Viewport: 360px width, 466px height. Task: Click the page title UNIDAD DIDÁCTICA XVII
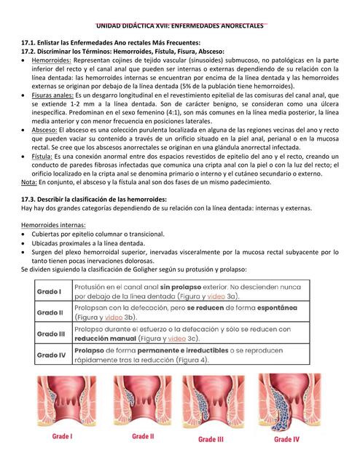(180, 25)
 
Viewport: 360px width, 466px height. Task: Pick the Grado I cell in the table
(50, 292)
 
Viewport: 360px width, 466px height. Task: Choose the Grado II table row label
(51, 313)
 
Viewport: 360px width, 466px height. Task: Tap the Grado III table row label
(52, 334)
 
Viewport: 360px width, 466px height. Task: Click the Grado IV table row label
(52, 355)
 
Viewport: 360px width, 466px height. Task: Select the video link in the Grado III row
(177, 339)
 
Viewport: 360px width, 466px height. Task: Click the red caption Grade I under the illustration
(62, 437)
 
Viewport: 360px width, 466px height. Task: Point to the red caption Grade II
(142, 437)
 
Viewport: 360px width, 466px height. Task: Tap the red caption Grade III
(211, 439)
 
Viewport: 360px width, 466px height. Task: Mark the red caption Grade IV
(286, 439)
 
